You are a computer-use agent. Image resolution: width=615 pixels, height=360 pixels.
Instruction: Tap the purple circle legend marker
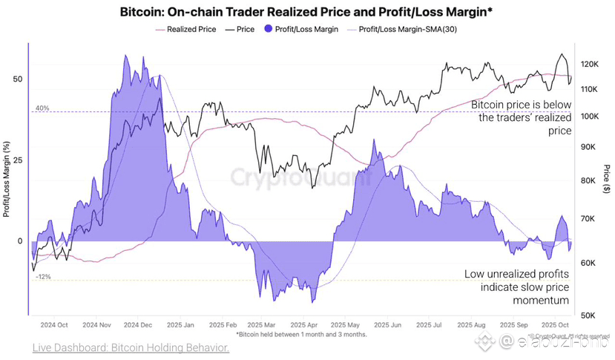click(269, 30)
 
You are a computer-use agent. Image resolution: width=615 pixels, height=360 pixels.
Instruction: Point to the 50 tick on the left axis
click(19, 79)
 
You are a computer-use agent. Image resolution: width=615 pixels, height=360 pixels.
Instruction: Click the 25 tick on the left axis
click(19, 160)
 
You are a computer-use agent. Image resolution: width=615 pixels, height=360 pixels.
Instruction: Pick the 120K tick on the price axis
click(590, 65)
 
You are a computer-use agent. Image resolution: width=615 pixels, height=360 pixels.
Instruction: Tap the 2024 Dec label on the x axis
click(138, 325)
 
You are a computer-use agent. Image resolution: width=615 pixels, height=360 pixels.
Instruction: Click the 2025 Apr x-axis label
click(305, 325)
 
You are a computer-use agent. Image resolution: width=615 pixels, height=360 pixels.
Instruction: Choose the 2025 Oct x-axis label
click(554, 325)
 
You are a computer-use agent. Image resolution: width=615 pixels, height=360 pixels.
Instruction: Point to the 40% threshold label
click(42, 108)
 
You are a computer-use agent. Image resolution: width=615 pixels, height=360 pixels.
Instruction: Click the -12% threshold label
click(43, 277)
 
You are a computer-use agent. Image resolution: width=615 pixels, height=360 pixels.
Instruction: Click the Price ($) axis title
click(607, 177)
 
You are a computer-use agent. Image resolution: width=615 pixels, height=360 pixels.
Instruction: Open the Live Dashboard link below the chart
click(131, 347)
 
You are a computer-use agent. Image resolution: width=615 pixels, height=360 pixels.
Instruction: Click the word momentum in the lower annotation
click(541, 300)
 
